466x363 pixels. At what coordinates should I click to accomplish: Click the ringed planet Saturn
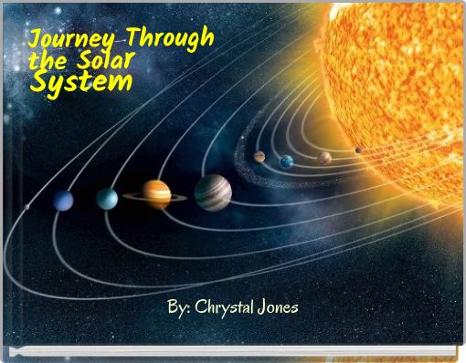click(x=156, y=193)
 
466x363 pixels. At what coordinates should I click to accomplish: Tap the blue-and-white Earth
click(x=287, y=161)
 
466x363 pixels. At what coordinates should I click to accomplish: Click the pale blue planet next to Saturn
click(x=108, y=198)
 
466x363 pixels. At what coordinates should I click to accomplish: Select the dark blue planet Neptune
click(x=63, y=201)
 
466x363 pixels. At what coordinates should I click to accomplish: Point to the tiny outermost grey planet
click(x=26, y=207)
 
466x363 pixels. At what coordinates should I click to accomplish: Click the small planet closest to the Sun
click(x=357, y=150)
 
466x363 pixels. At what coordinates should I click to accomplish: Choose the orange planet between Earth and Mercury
click(x=324, y=158)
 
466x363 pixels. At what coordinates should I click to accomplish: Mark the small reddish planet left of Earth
click(x=259, y=157)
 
